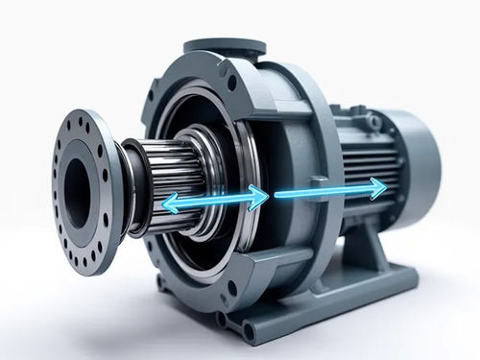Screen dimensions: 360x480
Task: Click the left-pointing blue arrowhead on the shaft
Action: pyautogui.click(x=167, y=203)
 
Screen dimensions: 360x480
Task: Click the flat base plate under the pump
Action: pyautogui.click(x=317, y=307)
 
